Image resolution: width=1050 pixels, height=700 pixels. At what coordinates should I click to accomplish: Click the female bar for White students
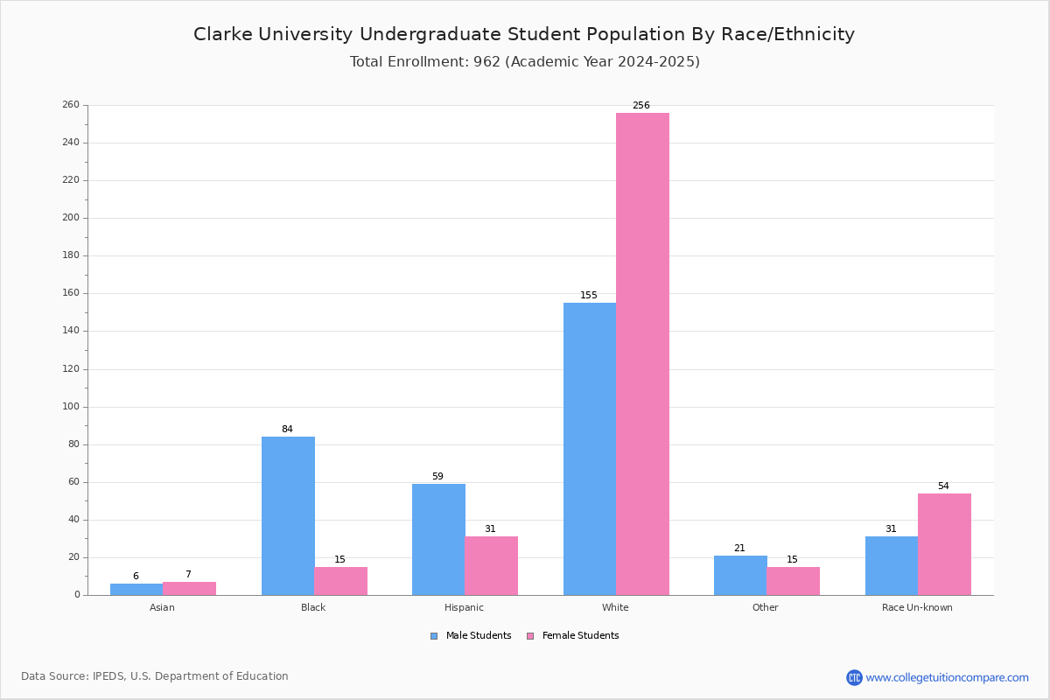[x=642, y=354]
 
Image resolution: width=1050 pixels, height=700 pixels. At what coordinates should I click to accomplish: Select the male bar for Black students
[x=288, y=515]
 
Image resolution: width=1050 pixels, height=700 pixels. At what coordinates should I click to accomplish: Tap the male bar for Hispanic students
[x=438, y=540]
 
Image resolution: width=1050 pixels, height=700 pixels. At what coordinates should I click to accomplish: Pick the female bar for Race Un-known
[x=944, y=544]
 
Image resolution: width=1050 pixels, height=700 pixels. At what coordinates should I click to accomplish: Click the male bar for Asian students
[x=136, y=590]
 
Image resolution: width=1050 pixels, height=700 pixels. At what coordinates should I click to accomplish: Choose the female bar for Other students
[x=793, y=581]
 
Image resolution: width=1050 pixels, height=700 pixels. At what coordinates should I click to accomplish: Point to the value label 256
[x=641, y=106]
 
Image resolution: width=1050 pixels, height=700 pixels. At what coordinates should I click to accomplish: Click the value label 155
[x=589, y=296]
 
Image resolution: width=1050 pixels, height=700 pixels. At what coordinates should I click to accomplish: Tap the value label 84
[x=287, y=429]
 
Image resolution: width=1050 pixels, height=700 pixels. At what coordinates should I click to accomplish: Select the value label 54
[x=943, y=486]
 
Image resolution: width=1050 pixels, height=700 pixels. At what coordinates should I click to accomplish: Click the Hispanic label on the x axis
[x=464, y=607]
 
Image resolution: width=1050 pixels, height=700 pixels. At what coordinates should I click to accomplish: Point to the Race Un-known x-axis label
[x=917, y=607]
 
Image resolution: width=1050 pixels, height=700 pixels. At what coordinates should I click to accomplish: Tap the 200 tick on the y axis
[x=71, y=218]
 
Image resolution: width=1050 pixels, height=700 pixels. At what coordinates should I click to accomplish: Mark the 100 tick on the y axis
[x=71, y=407]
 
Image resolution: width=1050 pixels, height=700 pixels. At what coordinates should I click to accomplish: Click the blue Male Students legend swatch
[x=434, y=636]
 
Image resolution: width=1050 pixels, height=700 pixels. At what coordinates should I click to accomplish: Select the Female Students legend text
[x=580, y=636]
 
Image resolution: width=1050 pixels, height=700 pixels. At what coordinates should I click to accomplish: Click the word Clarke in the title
[x=223, y=34]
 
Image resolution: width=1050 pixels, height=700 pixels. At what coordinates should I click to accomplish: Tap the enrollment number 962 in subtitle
[x=486, y=62]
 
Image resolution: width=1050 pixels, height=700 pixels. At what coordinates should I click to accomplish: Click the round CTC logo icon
[x=854, y=677]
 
